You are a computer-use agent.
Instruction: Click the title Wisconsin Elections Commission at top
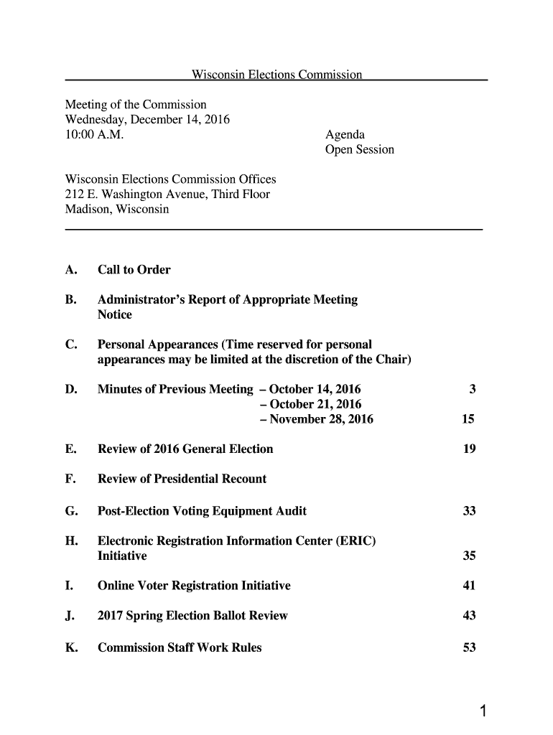click(x=276, y=75)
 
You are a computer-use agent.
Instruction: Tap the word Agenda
click(x=345, y=134)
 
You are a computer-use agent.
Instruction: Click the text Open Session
click(x=360, y=150)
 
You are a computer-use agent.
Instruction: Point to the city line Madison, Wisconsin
click(x=117, y=210)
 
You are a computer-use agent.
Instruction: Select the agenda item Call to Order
click(x=134, y=270)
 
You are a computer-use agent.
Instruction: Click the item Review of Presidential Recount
click(x=182, y=479)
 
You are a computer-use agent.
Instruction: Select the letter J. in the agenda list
click(x=70, y=616)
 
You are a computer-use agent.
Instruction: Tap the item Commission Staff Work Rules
click(x=180, y=647)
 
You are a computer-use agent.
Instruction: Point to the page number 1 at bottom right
click(x=484, y=712)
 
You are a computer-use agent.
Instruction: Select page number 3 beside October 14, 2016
click(x=472, y=390)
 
